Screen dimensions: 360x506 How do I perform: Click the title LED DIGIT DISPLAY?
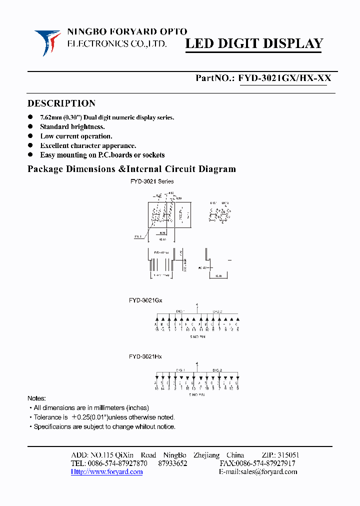pos(254,44)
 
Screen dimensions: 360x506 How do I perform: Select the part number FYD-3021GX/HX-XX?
pos(284,78)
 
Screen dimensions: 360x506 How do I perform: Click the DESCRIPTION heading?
pos(61,103)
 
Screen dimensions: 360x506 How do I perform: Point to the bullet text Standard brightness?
pos(72,127)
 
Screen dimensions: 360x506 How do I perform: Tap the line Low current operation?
pos(76,136)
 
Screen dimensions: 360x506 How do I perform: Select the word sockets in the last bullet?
pos(153,155)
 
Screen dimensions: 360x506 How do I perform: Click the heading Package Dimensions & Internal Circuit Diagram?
pos(131,169)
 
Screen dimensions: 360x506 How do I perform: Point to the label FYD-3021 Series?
pos(152,181)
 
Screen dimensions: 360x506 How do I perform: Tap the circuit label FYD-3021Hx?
pos(145,356)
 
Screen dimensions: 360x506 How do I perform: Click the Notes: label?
pos(36,398)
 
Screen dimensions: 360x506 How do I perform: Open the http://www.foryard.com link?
pos(106,472)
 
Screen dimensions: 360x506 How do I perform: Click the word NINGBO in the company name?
pos(83,32)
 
